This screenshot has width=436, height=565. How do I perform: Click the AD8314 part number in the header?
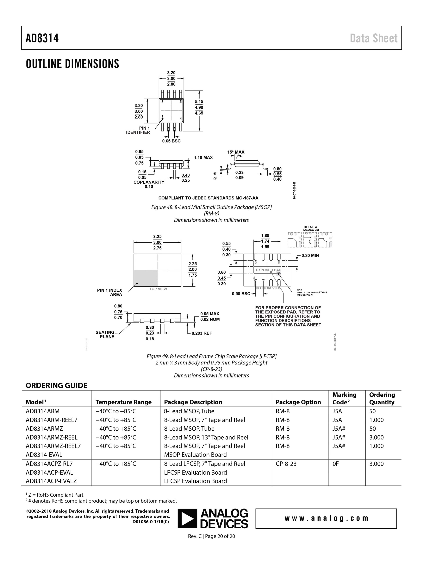coord(42,38)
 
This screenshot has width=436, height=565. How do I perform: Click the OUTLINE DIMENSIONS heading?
coord(72,64)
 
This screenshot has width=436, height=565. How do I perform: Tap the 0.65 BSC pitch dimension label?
coord(171,141)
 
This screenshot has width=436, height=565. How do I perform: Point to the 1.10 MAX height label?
coord(203,158)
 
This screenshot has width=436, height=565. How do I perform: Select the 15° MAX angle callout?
coord(236,152)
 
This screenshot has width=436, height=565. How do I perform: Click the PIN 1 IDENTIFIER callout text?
coord(138,130)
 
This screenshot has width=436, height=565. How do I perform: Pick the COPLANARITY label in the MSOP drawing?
coord(149,182)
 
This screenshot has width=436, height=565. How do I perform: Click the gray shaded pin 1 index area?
coord(146,278)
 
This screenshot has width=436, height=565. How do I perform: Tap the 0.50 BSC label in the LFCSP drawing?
coord(241,294)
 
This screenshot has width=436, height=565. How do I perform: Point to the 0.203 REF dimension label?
coord(202,333)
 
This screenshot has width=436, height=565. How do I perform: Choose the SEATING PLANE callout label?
coord(105,335)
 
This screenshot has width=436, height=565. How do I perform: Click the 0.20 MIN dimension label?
coord(310,256)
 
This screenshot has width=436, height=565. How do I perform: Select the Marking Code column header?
coord(344,398)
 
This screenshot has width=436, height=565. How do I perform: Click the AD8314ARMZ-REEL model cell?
coord(52,437)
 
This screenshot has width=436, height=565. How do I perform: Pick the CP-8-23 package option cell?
coord(286,464)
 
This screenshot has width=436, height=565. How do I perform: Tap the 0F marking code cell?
coord(335,464)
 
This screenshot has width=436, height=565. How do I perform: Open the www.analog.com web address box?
coord(326,518)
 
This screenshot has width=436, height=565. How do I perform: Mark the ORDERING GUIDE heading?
coord(56,385)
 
